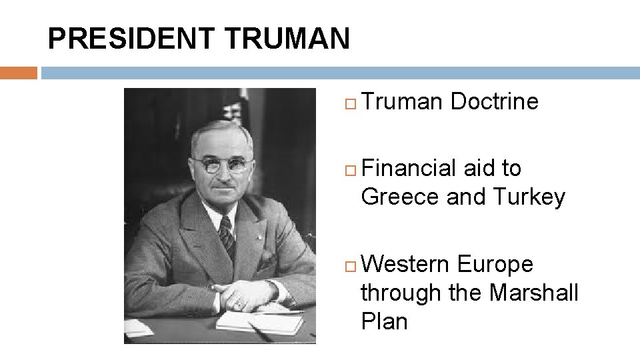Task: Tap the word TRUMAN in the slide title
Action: [287, 39]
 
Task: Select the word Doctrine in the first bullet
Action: [494, 102]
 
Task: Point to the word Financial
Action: [410, 168]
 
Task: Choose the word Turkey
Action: [529, 197]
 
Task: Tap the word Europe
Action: [495, 265]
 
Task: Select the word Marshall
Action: [534, 293]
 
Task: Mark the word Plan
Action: [384, 321]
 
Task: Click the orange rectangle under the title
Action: [18, 73]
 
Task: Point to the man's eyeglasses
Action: [219, 165]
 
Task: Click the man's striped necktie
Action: [227, 235]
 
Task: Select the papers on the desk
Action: [260, 322]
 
